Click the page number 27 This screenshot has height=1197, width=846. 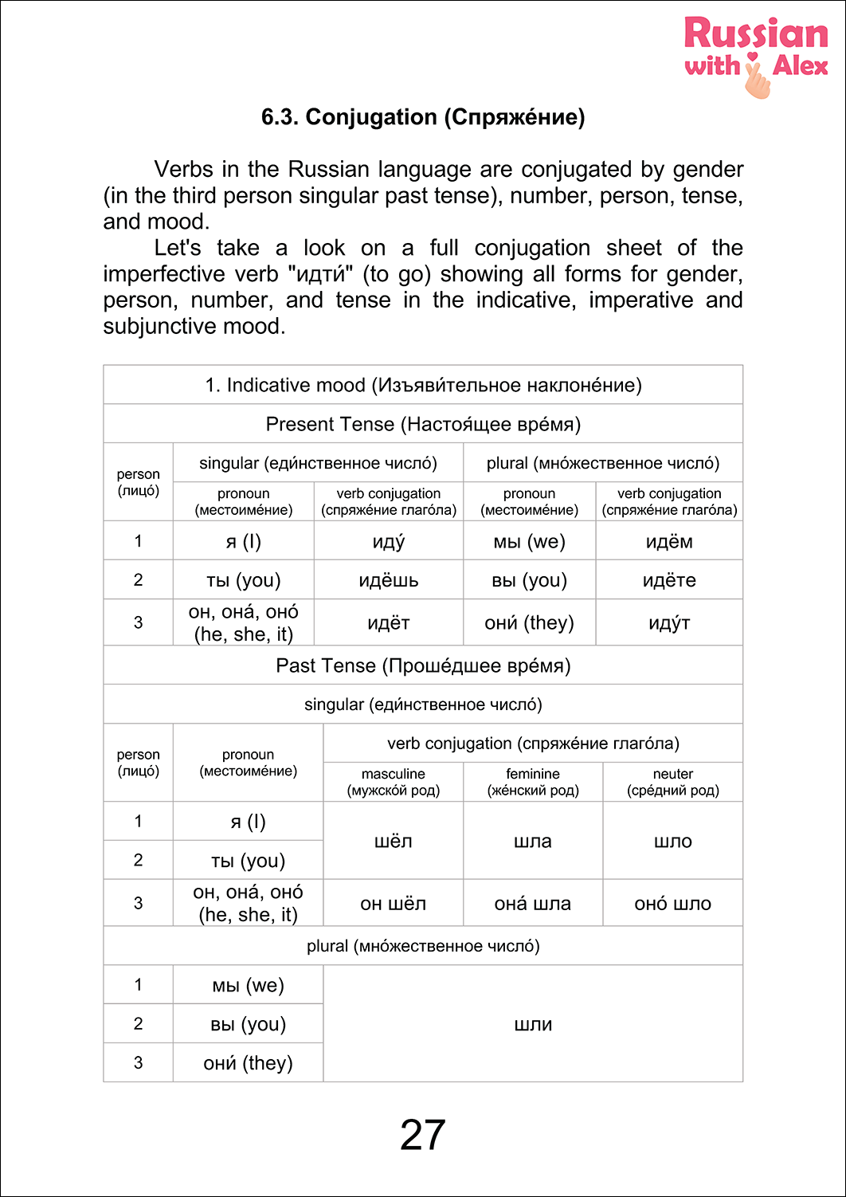[x=423, y=1135]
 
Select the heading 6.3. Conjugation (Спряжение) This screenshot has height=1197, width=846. [x=423, y=117]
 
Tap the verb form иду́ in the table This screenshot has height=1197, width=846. [x=389, y=542]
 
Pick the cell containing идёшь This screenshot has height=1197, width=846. [x=389, y=580]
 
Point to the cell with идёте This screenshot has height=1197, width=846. [x=669, y=580]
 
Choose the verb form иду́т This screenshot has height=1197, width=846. [x=669, y=623]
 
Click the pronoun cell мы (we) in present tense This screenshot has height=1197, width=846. [x=529, y=542]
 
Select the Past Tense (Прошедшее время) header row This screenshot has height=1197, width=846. [x=423, y=665]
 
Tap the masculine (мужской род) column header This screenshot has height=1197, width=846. [x=394, y=782]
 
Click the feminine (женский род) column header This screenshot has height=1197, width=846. [x=533, y=782]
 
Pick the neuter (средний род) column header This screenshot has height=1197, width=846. [x=673, y=782]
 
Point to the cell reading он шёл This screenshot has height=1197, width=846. [x=394, y=904]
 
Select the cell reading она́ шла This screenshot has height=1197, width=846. [x=533, y=904]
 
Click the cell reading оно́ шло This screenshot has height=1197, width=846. [x=673, y=904]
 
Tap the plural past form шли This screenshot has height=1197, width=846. [x=533, y=1025]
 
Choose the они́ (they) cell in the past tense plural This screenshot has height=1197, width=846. [x=249, y=1063]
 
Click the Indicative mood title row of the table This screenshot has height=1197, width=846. [x=423, y=386]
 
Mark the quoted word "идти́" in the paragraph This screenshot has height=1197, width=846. [x=319, y=274]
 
